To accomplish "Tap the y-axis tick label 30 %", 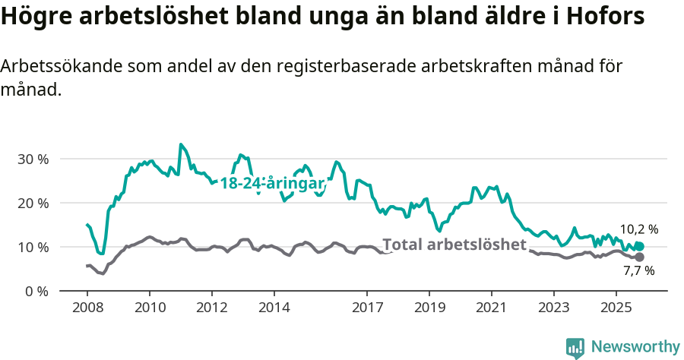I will (33, 159).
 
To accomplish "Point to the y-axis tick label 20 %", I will (33, 204).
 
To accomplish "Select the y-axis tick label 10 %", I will (33, 248).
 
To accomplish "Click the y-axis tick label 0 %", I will (36, 292).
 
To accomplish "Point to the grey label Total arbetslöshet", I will (454, 245).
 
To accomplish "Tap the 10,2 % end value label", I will (638, 229).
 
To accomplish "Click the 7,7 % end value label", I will (638, 270).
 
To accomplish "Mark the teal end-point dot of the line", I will (639, 246).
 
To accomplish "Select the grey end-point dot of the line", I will (639, 257).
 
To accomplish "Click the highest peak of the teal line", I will (180, 144).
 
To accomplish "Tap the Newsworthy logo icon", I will (575, 347).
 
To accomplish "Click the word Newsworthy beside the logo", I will (635, 347).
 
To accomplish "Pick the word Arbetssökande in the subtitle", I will (53, 67).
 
